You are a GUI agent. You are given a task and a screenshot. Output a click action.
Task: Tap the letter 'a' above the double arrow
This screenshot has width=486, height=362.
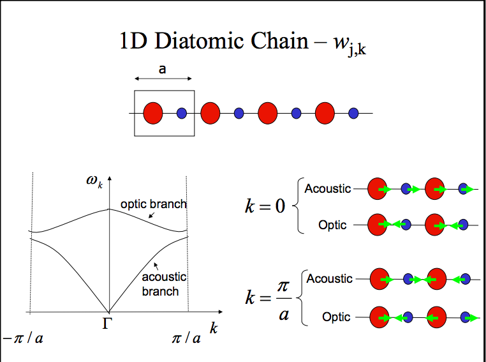[162, 69]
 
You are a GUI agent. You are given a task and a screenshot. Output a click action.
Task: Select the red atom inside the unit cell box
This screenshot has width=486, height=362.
[153, 113]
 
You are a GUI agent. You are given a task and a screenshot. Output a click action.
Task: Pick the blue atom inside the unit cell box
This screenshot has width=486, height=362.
[181, 113]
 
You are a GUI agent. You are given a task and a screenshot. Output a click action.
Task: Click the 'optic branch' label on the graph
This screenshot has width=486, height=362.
[154, 204]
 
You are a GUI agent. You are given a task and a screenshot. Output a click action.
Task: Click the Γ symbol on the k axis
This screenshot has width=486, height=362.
[108, 324]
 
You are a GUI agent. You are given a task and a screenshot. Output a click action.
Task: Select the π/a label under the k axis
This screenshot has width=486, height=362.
[186, 338]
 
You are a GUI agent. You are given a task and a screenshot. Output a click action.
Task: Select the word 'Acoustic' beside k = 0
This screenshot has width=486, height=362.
[328, 189]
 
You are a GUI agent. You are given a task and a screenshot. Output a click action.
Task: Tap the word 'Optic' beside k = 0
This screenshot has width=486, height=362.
[332, 225]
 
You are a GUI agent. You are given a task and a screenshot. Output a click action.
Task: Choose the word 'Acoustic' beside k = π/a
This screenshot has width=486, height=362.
[329, 279]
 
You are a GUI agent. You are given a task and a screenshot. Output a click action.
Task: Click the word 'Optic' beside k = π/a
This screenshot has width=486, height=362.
[336, 317]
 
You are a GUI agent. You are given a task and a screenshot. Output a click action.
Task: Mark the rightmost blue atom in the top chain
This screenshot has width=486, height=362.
[353, 113]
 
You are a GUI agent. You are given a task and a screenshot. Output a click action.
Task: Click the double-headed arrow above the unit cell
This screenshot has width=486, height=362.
[163, 79]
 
